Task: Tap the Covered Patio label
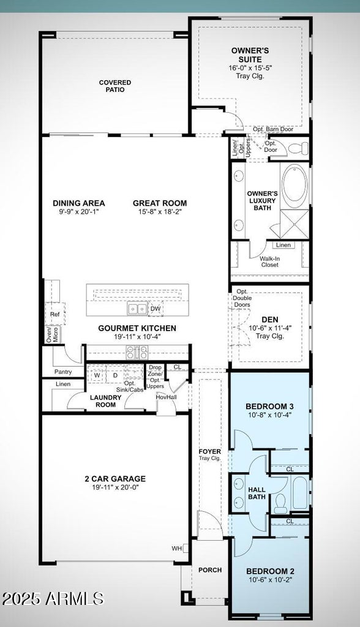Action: coord(111,86)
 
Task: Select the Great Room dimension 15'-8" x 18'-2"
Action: coord(160,212)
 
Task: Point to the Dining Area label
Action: coord(78,203)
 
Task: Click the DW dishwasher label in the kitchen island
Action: coord(156,309)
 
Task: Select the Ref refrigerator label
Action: coord(54,314)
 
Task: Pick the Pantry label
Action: coord(62,372)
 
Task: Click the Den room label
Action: coord(270,320)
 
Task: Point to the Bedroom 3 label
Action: coord(270,407)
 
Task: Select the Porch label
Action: coord(210,570)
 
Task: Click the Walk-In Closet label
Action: coord(269,262)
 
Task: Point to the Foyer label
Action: coord(209,451)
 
